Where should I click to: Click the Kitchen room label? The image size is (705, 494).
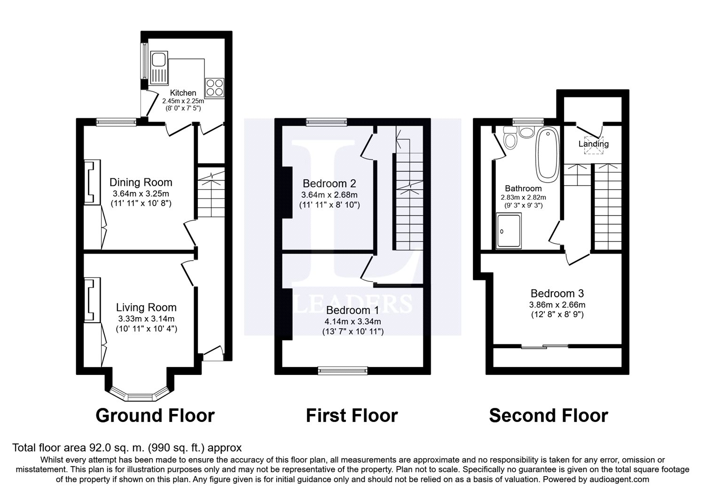[x=183, y=93]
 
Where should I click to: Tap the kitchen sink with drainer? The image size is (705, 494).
[x=159, y=68]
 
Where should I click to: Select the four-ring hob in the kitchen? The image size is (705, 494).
[x=215, y=87]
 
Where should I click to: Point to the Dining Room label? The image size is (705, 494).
[x=141, y=183]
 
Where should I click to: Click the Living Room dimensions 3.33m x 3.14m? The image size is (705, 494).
[x=146, y=319]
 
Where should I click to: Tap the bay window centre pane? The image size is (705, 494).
[x=140, y=397]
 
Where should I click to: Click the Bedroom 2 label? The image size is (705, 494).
[x=329, y=183]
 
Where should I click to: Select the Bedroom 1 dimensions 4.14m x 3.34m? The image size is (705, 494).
[x=353, y=321]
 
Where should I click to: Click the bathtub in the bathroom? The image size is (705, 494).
[x=548, y=154]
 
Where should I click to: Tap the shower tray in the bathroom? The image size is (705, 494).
[x=509, y=231]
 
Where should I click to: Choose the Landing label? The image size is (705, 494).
[x=594, y=144]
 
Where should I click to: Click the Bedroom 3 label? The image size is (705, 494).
[x=557, y=294]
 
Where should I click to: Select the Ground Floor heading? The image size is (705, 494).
[x=155, y=415]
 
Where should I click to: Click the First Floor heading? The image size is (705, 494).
[x=352, y=415]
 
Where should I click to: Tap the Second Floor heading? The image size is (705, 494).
[x=548, y=415]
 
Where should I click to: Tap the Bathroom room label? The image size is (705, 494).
[x=524, y=188]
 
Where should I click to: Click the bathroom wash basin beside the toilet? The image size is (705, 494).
[x=526, y=132]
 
